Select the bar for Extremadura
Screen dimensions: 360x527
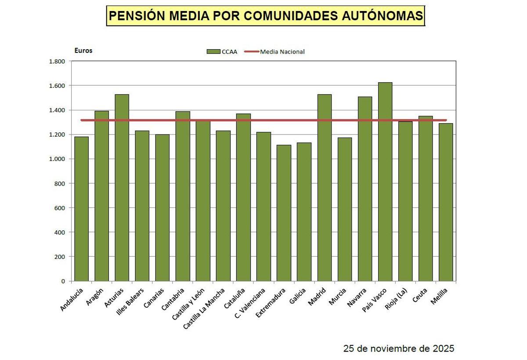284,213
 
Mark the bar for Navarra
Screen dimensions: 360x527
365,189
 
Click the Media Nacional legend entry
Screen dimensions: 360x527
282,52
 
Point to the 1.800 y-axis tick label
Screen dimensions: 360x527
57,62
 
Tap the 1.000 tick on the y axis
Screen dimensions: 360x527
57,159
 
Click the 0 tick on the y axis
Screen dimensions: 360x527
63,281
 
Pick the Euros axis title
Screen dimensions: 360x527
83,51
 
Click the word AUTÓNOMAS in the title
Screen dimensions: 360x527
381,16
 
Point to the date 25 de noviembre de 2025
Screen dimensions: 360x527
398,349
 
